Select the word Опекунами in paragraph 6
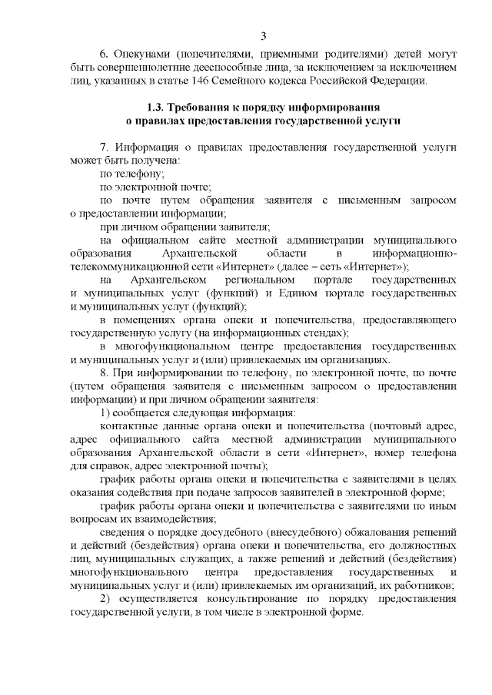pyautogui.click(x=143, y=56)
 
